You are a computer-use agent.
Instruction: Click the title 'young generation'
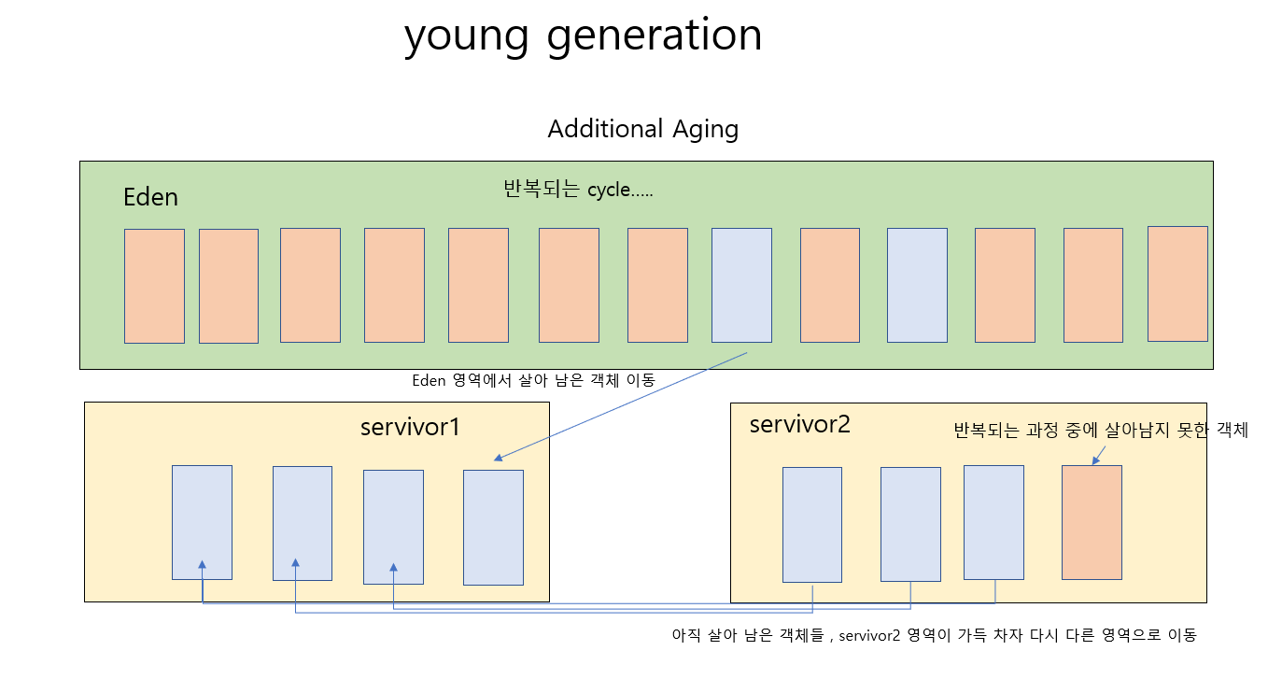583,36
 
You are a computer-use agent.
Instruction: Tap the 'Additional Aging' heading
642,129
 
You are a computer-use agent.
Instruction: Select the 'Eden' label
150,198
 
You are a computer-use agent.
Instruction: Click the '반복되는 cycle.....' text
578,191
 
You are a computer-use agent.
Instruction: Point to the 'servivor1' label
410,427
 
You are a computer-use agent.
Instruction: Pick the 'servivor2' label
799,424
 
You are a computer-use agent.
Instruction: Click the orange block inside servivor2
1092,522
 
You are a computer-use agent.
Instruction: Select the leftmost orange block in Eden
154,286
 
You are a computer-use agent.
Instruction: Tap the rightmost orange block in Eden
1176,284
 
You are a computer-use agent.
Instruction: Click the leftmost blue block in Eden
741,285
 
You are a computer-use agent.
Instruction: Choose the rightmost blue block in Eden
916,285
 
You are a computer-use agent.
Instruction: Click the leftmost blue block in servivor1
202,522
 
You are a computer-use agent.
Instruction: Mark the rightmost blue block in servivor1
493,527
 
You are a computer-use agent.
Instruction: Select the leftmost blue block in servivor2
811,524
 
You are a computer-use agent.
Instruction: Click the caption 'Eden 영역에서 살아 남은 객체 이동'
533,381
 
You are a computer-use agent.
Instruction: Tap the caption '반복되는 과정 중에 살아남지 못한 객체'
1100,431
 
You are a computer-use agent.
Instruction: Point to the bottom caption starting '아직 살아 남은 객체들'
934,635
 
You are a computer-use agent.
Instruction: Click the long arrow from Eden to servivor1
621,406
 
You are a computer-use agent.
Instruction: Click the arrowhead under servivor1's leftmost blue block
202,565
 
